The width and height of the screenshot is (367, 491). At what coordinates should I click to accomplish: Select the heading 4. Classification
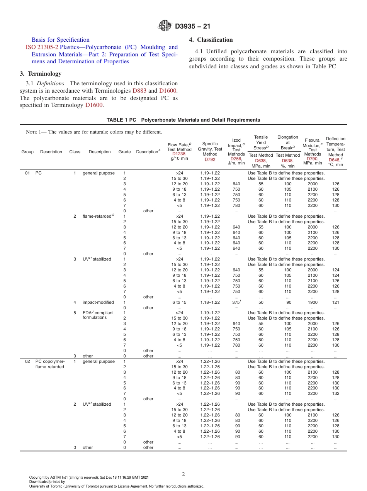tap(211, 40)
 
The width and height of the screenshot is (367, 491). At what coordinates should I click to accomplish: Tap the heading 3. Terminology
tap(40, 73)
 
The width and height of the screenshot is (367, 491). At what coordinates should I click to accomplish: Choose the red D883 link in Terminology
tap(139, 91)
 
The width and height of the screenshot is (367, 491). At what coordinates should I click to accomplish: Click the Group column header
tap(27, 152)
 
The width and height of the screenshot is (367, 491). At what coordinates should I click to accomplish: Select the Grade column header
tap(124, 152)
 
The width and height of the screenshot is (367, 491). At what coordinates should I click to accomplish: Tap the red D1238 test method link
tap(179, 154)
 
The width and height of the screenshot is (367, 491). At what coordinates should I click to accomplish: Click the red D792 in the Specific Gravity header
tap(210, 159)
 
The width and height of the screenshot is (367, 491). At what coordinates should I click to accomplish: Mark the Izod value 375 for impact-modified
tap(236, 303)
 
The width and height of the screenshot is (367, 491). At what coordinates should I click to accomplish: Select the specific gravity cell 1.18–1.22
tap(210, 303)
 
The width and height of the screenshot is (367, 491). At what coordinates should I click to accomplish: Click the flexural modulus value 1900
tap(313, 303)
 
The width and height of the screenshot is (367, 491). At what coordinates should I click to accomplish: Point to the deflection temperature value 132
tap(336, 394)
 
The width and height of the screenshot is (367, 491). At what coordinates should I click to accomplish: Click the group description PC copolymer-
tap(50, 362)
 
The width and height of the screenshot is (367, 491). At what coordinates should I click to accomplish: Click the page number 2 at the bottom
tap(183, 474)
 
